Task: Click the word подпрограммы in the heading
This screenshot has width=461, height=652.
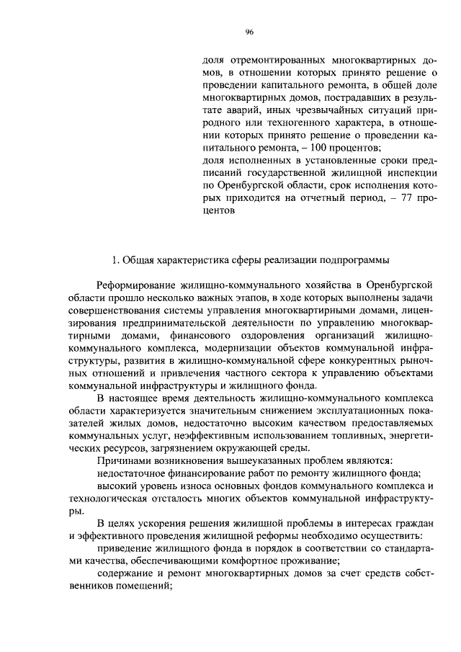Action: [355, 259]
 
